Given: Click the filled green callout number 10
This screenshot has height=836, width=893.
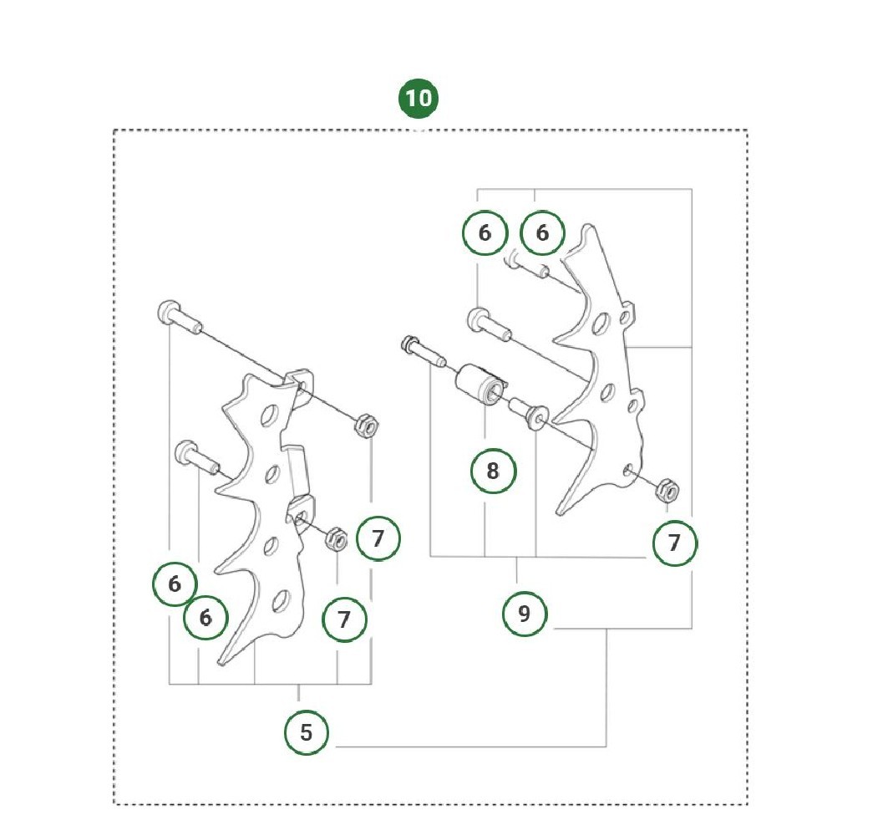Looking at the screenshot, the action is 419,98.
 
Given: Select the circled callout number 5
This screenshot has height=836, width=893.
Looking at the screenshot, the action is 307,732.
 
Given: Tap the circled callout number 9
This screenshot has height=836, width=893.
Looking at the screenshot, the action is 525,614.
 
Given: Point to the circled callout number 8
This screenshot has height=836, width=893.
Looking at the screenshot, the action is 493,472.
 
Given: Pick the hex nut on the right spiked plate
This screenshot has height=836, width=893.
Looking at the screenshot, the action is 667,490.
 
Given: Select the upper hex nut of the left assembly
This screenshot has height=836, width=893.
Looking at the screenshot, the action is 367,426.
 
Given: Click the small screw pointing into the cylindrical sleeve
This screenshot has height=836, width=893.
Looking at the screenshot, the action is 424,351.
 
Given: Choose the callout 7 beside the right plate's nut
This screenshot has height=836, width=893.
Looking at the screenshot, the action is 675,543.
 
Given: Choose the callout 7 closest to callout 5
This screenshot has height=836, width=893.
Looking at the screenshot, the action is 344,619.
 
